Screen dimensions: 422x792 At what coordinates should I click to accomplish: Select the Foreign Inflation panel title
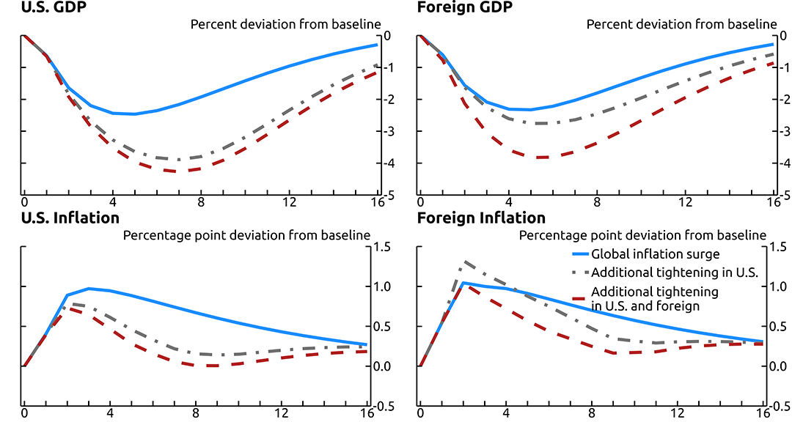point(481,218)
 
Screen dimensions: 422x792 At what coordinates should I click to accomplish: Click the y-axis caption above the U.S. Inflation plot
point(246,235)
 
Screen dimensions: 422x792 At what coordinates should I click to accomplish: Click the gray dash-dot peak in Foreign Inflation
point(464,262)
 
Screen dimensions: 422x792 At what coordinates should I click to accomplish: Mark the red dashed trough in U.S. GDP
point(178,171)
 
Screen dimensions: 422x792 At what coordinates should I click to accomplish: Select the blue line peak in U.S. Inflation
point(89,289)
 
